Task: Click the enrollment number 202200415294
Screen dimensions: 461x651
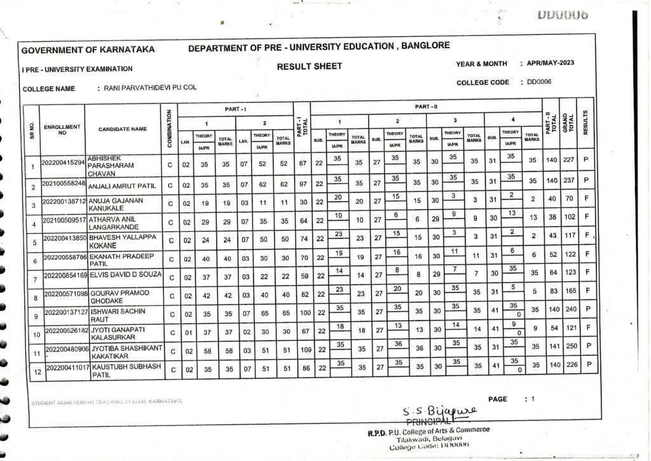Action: coord(63,163)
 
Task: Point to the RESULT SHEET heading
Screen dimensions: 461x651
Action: coord(310,66)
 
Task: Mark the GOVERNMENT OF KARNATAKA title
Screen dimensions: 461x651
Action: coord(88,50)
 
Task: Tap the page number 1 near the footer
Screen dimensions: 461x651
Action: coord(533,399)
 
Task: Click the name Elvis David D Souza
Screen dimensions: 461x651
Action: coord(123,275)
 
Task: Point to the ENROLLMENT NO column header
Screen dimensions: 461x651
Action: coord(62,130)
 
